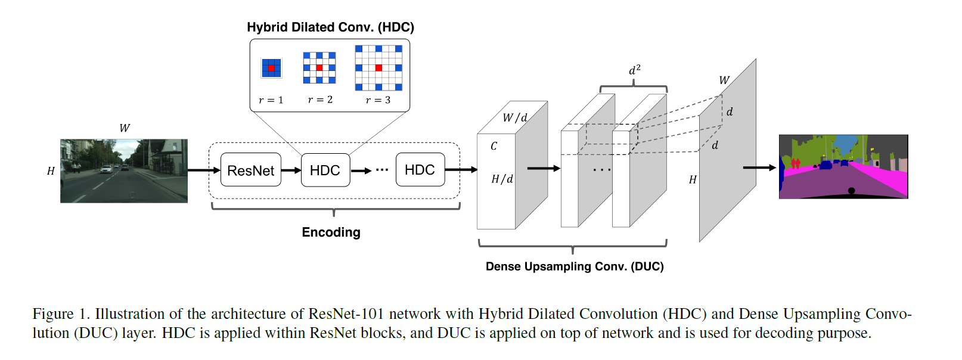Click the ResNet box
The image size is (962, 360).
click(250, 170)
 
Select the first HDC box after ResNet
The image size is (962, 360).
click(325, 170)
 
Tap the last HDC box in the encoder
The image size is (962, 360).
click(420, 170)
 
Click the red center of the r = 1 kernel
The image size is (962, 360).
click(271, 68)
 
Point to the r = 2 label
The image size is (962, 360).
click(320, 100)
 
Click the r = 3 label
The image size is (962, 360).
click(378, 100)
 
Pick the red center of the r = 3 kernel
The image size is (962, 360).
click(378, 67)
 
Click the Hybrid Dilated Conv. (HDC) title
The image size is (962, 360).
click(330, 27)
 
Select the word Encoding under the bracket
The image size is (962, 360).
click(331, 232)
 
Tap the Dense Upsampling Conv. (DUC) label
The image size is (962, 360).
click(574, 266)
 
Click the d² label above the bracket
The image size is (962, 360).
click(634, 70)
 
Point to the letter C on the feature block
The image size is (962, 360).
click(494, 146)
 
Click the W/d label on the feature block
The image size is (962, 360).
click(514, 117)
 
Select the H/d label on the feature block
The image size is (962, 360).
click(502, 179)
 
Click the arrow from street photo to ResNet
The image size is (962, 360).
click(203, 170)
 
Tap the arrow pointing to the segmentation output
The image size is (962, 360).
click(759, 167)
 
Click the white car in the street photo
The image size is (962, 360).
click(106, 169)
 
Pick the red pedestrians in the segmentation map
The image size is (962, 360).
click(795, 163)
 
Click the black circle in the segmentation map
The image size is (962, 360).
click(851, 191)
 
